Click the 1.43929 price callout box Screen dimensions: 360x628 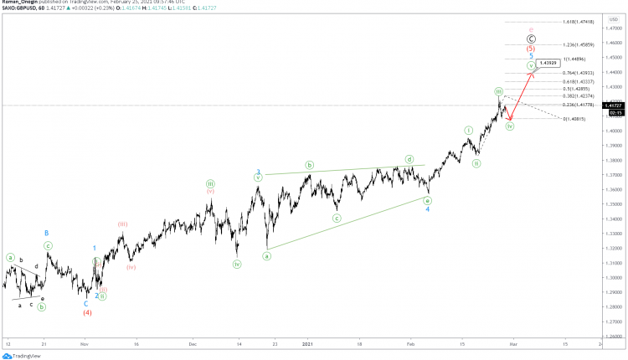[548, 63]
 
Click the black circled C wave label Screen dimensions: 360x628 [530, 39]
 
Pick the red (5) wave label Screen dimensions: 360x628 [530, 49]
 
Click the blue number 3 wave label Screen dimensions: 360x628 [258, 172]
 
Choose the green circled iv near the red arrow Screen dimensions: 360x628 [509, 126]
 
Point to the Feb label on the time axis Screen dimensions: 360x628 [409, 343]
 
